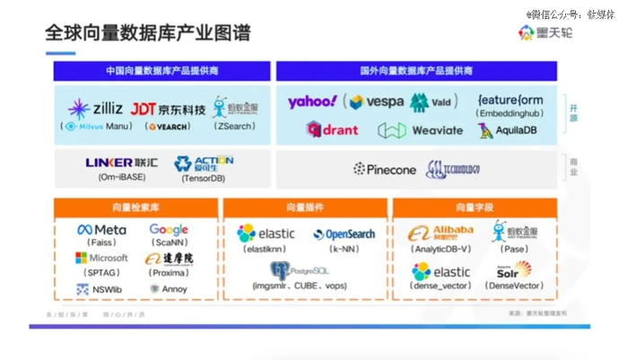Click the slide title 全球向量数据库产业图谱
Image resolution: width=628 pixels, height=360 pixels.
(148, 34)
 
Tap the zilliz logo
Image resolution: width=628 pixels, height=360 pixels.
(95, 109)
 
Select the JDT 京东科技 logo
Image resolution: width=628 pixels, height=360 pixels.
(168, 110)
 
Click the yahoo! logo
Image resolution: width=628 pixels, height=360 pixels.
(312, 101)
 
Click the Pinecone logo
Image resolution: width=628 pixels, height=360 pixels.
(383, 169)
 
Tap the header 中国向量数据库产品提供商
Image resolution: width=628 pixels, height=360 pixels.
(161, 71)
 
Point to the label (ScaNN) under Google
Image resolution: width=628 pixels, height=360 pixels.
(168, 242)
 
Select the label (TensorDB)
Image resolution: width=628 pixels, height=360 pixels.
(203, 178)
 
